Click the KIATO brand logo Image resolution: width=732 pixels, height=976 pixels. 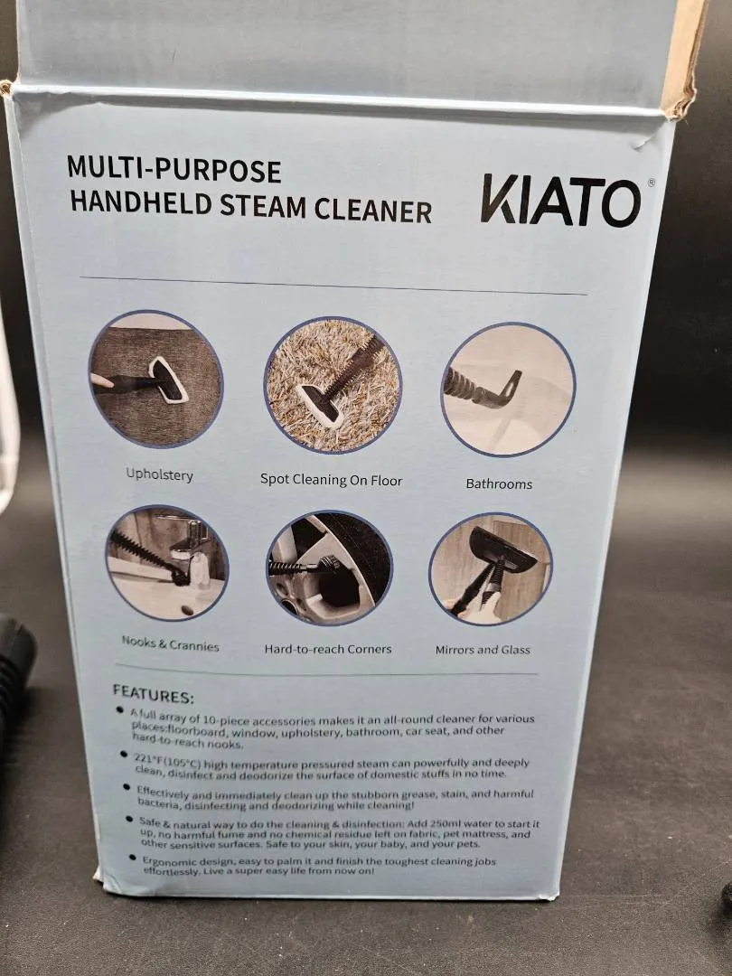(x=561, y=201)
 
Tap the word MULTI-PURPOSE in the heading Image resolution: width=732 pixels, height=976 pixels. (x=174, y=169)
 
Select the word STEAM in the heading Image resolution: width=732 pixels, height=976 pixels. (x=263, y=207)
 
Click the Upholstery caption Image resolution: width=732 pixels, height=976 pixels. (x=159, y=474)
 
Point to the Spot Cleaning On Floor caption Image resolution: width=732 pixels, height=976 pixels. (x=331, y=480)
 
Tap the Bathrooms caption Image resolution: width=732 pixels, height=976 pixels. (x=499, y=483)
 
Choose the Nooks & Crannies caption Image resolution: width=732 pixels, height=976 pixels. (x=170, y=643)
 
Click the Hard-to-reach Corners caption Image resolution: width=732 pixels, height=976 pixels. (x=328, y=649)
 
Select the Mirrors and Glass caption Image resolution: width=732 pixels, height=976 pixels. (x=483, y=650)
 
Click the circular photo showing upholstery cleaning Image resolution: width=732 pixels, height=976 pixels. (x=155, y=379)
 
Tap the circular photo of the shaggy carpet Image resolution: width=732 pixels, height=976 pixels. (x=333, y=385)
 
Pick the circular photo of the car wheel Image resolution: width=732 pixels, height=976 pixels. (x=330, y=568)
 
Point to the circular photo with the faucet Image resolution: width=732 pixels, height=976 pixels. (x=167, y=563)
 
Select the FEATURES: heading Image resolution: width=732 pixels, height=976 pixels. (x=153, y=695)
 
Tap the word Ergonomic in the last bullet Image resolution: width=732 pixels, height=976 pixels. (x=167, y=860)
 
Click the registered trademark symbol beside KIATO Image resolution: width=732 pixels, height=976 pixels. (x=651, y=183)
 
